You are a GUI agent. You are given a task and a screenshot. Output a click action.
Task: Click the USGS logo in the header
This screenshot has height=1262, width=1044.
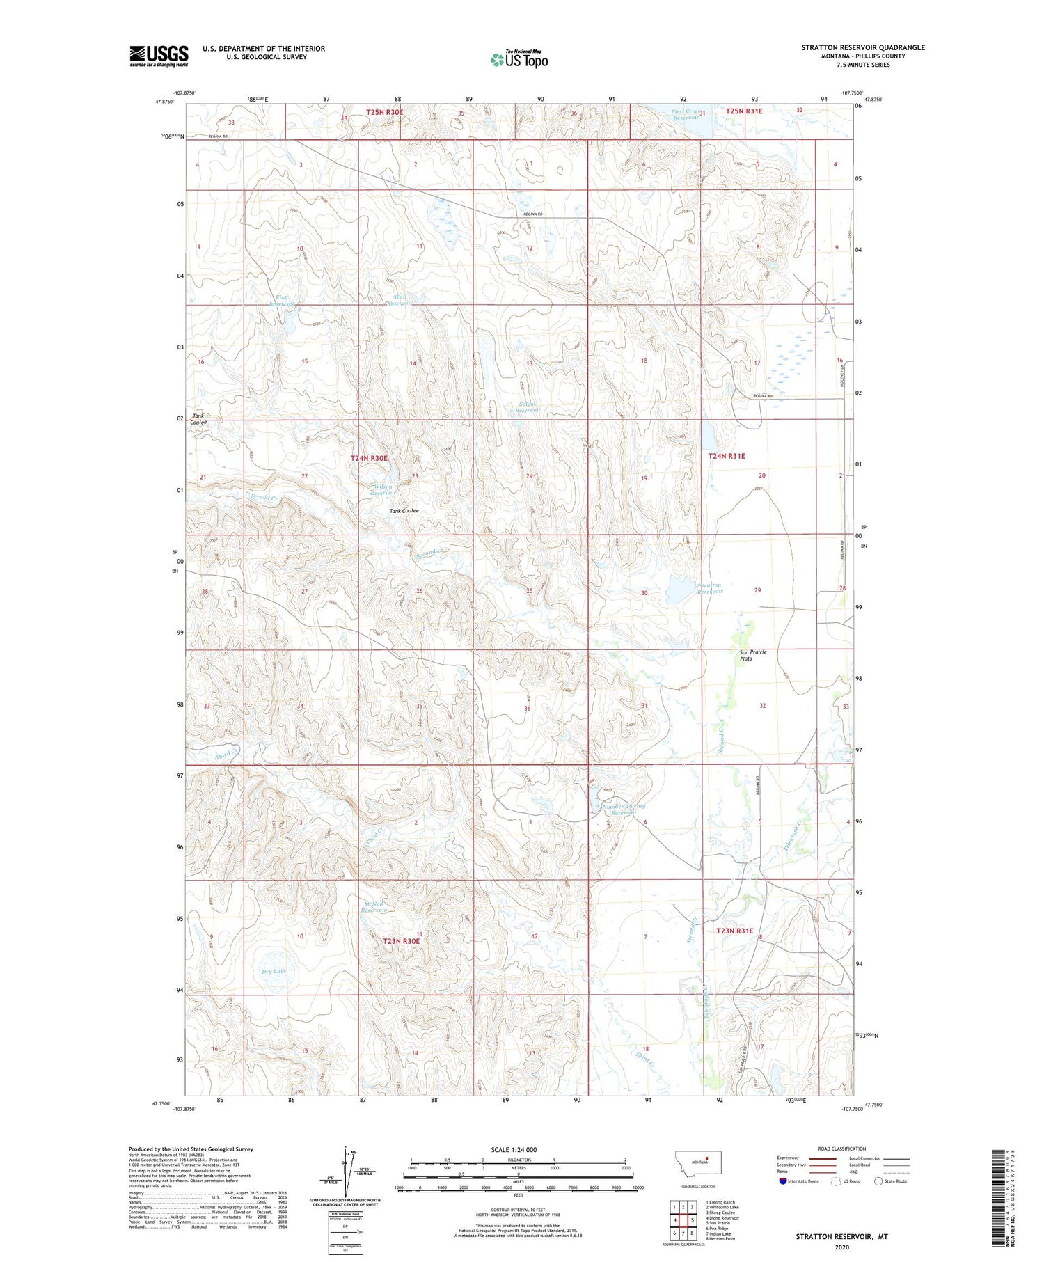[159, 56]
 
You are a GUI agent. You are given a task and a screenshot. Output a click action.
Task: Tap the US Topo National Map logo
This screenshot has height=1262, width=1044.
[519, 59]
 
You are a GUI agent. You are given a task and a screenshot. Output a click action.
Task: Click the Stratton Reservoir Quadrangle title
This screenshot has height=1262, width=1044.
[862, 47]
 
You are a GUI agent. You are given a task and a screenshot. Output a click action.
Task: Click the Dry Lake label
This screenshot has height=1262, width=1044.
[274, 970]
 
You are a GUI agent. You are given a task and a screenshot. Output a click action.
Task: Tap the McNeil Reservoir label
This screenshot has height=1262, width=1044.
[374, 907]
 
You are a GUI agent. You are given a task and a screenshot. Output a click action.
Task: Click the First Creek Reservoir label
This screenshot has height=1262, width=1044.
[686, 114]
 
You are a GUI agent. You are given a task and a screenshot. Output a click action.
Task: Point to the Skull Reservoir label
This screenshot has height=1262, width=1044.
[400, 300]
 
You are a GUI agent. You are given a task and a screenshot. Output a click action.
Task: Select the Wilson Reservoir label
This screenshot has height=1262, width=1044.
[382, 489]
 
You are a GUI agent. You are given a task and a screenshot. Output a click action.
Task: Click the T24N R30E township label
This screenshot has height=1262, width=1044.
[369, 458]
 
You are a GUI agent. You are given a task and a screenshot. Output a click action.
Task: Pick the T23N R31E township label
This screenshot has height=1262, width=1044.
[735, 931]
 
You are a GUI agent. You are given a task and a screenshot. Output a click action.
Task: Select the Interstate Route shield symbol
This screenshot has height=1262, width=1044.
[783, 1181]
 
